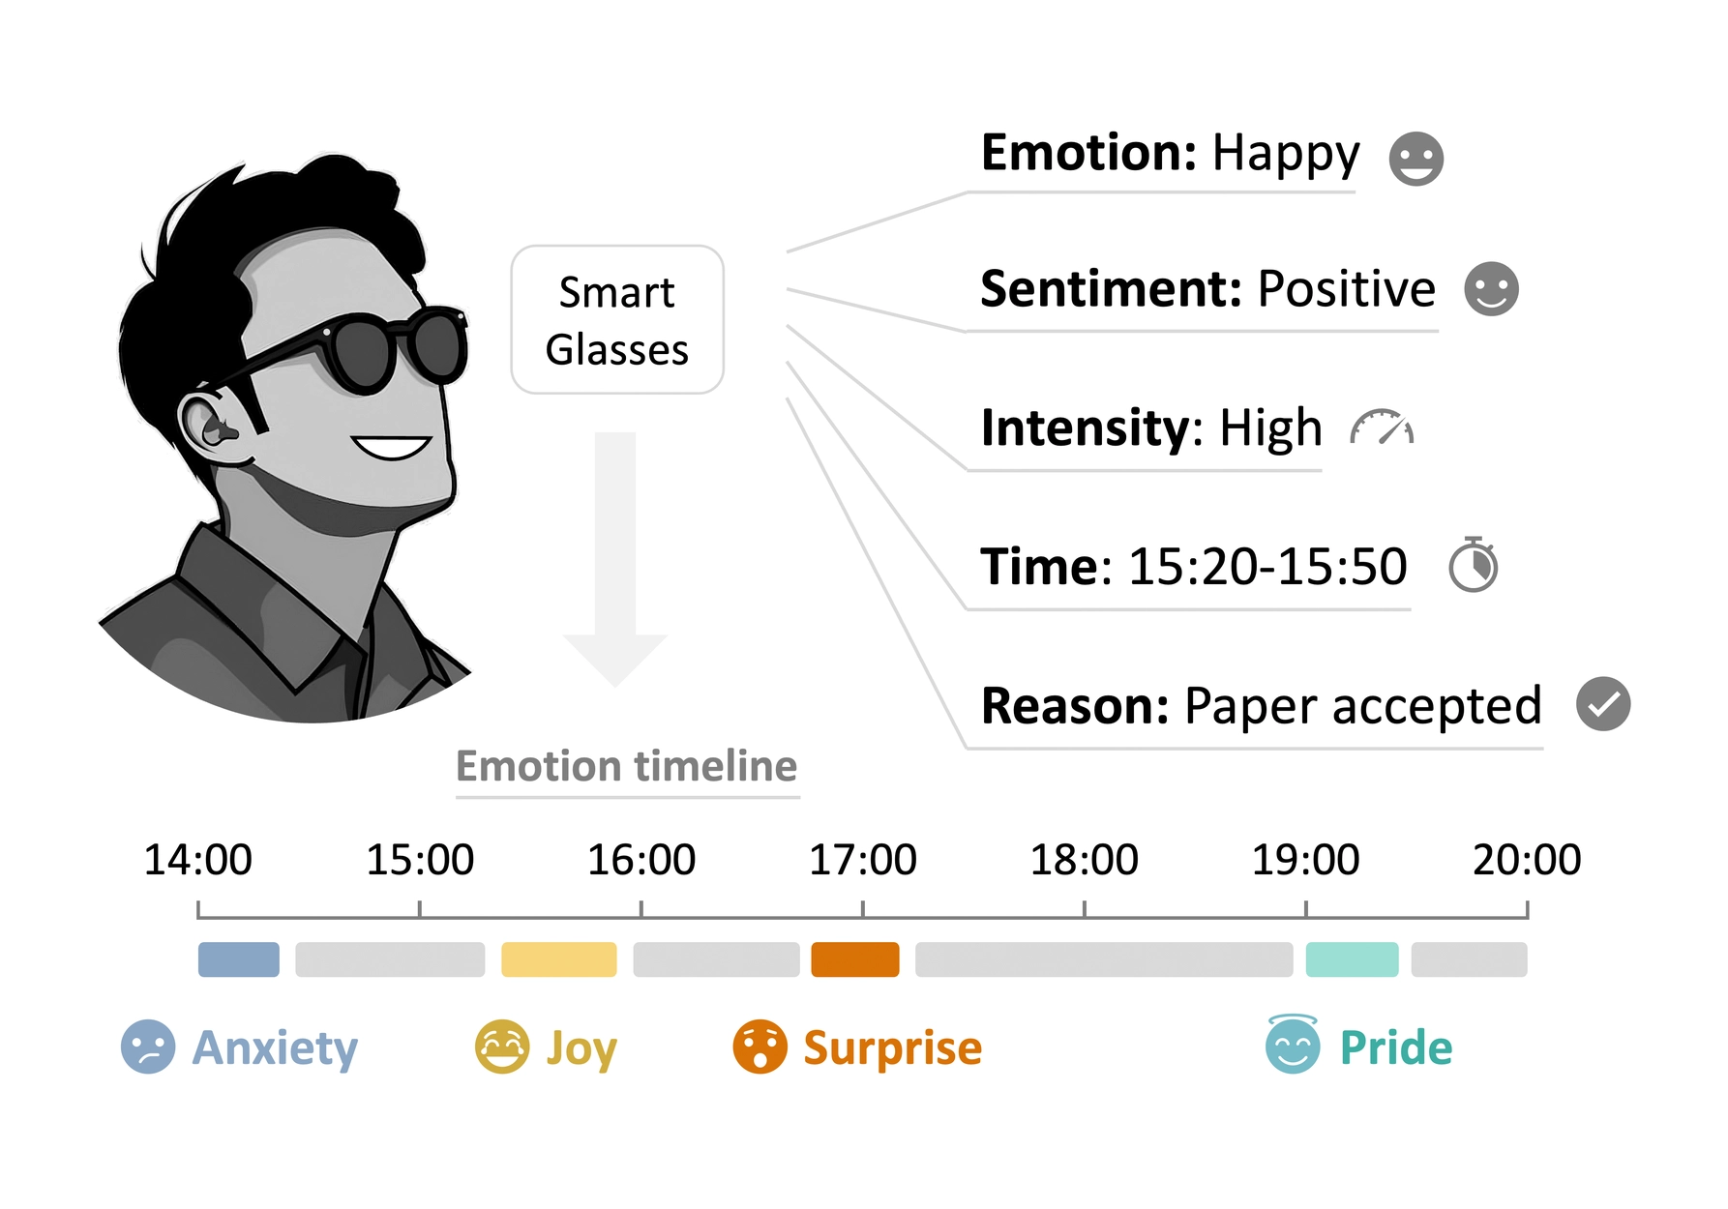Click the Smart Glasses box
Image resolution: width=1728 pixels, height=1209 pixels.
tap(617, 320)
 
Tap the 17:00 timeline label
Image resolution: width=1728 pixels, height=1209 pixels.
tap(862, 859)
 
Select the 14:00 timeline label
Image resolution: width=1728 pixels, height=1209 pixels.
tap(197, 859)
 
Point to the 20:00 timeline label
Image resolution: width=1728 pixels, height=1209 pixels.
tap(1526, 859)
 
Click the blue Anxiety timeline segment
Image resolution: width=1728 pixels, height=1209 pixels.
tap(238, 959)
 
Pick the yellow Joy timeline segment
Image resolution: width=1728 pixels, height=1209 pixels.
tap(558, 959)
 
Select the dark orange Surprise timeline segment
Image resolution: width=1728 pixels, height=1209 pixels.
tap(854, 959)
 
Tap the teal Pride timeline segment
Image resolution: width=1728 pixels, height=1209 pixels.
tap(1352, 959)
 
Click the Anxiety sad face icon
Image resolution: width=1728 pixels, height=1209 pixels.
tap(148, 1047)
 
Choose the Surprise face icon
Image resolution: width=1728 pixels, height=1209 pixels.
tap(760, 1047)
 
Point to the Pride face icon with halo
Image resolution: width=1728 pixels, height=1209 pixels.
tap(1293, 1046)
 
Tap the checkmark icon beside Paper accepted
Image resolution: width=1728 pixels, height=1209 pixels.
tap(1603, 704)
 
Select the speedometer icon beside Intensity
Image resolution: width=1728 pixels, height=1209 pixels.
tap(1382, 428)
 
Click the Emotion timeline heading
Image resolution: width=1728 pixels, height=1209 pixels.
tap(627, 766)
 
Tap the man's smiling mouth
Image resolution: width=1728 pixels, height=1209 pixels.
tap(392, 448)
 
